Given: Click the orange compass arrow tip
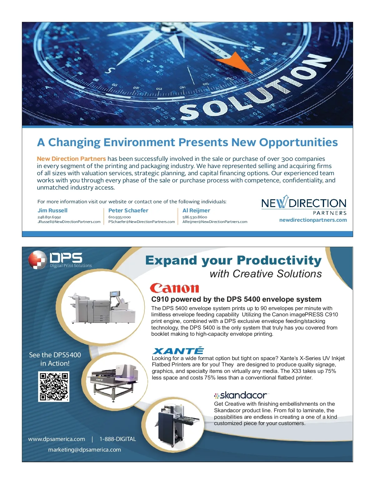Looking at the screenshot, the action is click(x=253, y=73).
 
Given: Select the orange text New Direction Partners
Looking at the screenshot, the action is click(x=71, y=159).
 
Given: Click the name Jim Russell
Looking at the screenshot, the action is click(x=52, y=210).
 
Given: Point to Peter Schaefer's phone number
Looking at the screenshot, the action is click(x=119, y=217).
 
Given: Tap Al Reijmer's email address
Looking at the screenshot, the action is click(x=215, y=222).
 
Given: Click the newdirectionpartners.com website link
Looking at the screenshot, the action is click(x=313, y=220).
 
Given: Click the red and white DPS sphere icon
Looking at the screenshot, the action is click(x=37, y=260).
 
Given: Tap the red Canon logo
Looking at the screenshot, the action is click(x=174, y=288).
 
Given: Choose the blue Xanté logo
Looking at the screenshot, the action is click(x=178, y=351).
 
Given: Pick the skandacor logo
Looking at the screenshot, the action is click(x=241, y=395).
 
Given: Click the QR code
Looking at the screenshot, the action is click(x=54, y=387).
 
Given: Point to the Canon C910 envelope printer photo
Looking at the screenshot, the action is click(x=102, y=308).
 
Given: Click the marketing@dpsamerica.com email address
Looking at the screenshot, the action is click(x=84, y=449).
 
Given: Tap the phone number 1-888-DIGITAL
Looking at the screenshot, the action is click(x=117, y=439).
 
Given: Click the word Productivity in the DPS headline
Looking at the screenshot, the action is click(x=279, y=261).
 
